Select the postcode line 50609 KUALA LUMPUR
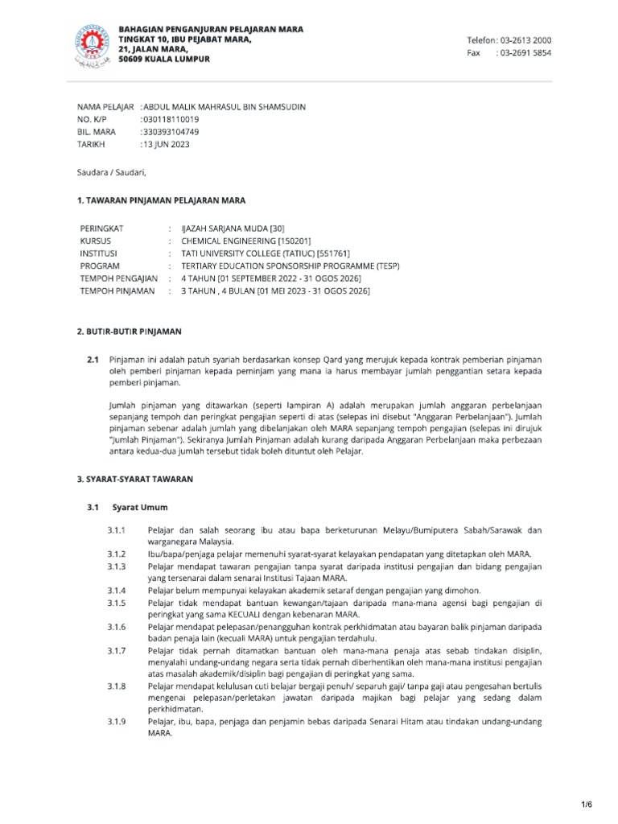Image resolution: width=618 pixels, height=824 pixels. [x=164, y=60]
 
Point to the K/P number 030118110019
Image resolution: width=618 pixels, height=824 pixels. [x=171, y=119]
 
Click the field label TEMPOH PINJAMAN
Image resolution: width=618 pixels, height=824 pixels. [x=117, y=290]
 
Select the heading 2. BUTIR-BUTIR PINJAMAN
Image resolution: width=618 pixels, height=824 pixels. [x=129, y=332]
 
